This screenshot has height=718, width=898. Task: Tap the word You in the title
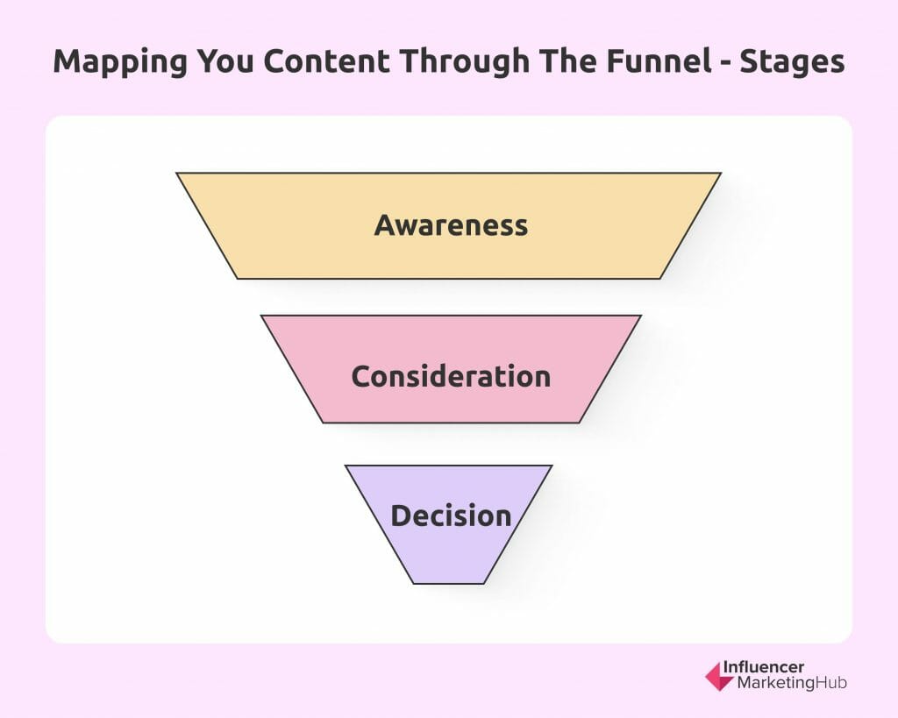click(225, 60)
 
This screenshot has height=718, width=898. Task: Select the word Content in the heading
click(326, 60)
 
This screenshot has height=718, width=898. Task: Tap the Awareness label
click(452, 225)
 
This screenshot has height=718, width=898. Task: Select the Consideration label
click(452, 376)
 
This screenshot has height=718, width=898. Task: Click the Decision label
click(452, 515)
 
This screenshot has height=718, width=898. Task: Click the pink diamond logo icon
click(719, 676)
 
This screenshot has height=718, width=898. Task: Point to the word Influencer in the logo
click(764, 667)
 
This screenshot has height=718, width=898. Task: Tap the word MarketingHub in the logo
click(792, 683)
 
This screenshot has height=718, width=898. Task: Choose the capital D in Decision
click(400, 515)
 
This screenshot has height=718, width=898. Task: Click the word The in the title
click(568, 60)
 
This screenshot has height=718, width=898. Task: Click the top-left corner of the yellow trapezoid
click(176, 173)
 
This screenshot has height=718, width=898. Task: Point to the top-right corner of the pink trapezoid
click(641, 316)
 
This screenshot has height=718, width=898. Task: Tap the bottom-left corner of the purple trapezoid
click(414, 584)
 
